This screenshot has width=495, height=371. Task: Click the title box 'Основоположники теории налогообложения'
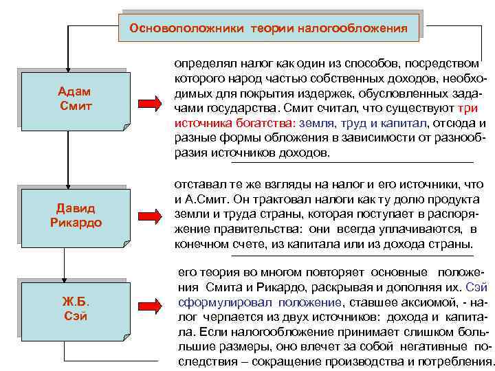tap(269, 28)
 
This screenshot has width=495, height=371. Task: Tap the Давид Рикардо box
tap(74, 216)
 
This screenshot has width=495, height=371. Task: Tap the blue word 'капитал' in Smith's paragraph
tap(402, 124)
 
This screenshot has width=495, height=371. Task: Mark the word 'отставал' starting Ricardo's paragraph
tap(198, 185)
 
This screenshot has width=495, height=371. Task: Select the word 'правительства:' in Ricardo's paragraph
tap(255, 229)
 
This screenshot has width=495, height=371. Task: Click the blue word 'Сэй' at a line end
tap(476, 286)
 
